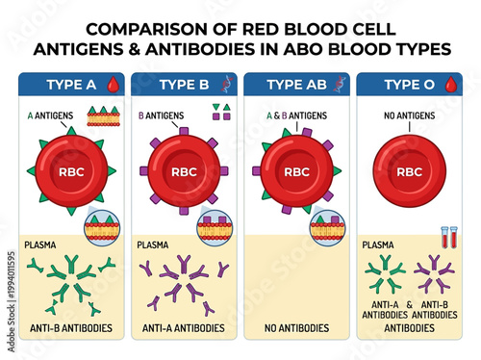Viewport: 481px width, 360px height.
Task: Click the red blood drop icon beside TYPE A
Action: tap(114, 85)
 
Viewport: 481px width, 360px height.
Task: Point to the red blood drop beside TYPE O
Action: tap(447, 85)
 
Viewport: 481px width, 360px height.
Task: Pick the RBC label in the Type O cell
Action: tap(409, 173)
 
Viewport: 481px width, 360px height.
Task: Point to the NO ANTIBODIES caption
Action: tap(296, 328)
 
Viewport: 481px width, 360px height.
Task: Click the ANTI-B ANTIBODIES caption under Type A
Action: tap(72, 328)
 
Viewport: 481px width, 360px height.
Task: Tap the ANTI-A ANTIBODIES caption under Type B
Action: tap(183, 328)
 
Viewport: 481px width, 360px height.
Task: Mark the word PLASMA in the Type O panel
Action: tap(377, 245)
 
